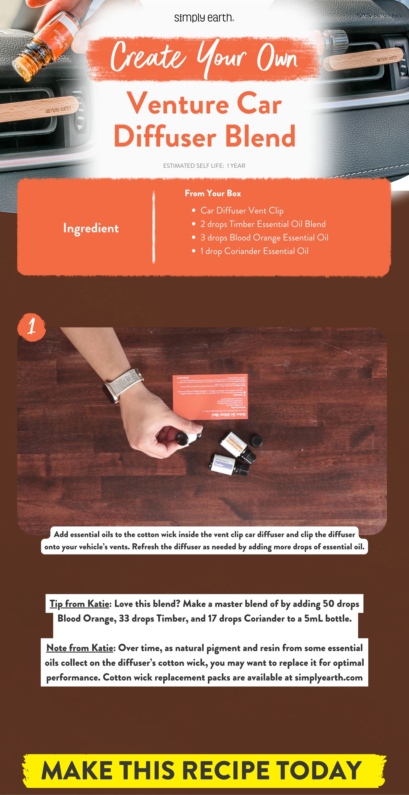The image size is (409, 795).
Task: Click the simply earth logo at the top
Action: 204,18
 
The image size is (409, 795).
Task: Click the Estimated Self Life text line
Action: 204,166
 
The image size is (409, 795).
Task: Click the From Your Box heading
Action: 213,193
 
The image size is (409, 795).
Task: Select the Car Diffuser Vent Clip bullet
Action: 242,210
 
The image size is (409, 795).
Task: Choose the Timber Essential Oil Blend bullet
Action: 263,224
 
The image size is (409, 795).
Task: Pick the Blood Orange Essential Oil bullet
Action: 264,238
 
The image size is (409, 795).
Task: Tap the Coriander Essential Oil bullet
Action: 254,251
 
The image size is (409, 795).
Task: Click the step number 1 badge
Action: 31,327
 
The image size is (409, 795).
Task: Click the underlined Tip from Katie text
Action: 79,604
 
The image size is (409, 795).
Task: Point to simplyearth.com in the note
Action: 328,678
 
